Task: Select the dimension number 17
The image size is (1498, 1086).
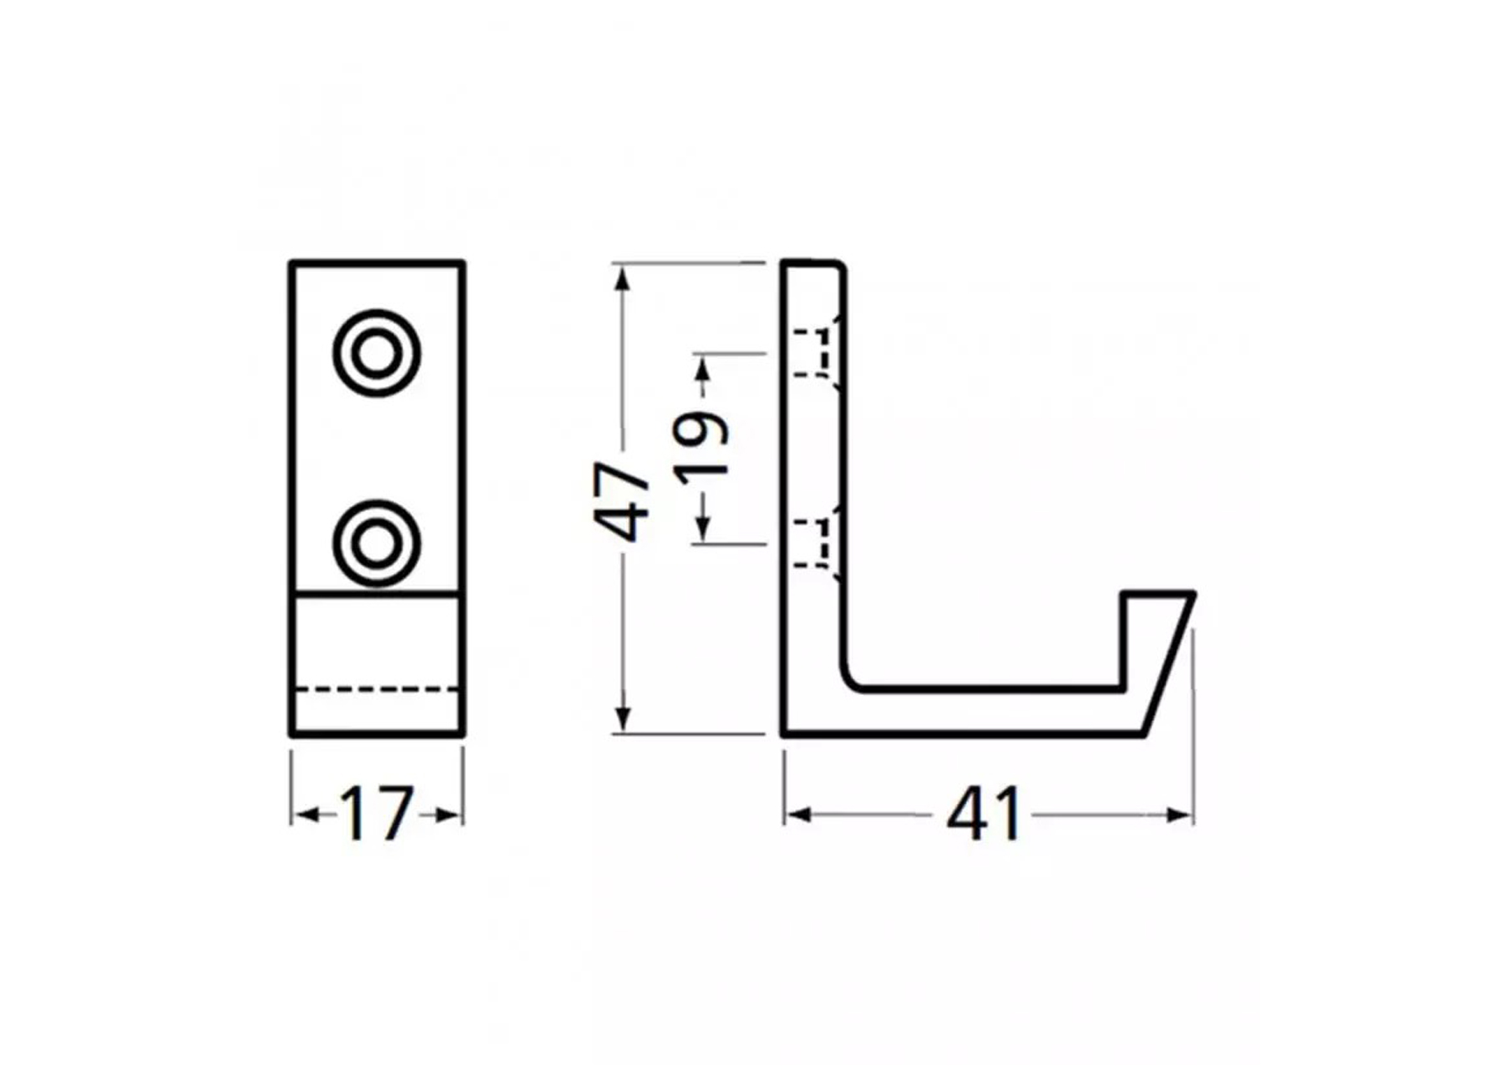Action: tap(377, 814)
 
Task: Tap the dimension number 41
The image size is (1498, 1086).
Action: tap(984, 814)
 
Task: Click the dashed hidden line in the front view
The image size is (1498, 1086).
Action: tap(377, 689)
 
